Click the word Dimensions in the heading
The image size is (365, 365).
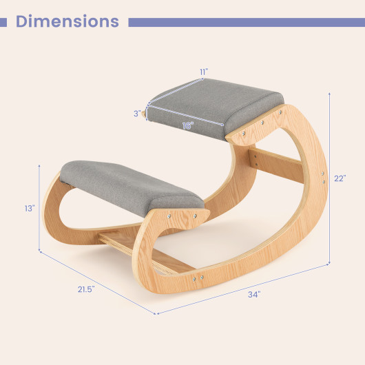[x=67, y=21]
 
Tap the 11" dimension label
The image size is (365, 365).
[x=204, y=72]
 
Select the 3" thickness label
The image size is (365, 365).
[x=137, y=114]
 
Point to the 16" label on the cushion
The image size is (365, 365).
[x=187, y=126]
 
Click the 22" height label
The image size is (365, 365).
[x=340, y=178]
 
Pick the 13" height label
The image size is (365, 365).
[x=30, y=209]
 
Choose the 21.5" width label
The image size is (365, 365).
[x=86, y=289]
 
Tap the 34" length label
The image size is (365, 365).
[x=254, y=295]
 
